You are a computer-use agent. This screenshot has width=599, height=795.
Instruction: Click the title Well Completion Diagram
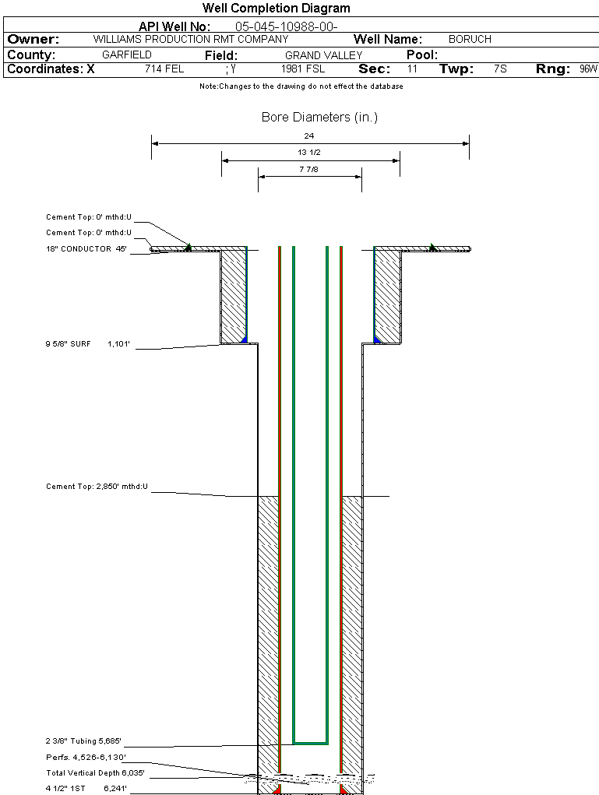point(277,9)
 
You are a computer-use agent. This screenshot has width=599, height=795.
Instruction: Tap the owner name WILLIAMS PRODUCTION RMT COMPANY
point(190,39)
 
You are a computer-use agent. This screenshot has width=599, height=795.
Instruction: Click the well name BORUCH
point(470,39)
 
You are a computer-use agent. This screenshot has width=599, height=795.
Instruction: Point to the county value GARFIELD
point(127,55)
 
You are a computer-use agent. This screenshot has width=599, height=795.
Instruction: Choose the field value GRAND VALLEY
point(323,55)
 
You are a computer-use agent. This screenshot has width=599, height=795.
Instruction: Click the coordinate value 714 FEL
point(164,69)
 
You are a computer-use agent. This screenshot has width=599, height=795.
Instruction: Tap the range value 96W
point(588,69)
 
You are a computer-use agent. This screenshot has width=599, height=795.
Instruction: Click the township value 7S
point(500,69)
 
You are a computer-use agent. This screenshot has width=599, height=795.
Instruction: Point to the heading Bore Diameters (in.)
point(319,118)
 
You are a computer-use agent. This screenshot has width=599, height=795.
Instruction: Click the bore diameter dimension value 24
point(309,135)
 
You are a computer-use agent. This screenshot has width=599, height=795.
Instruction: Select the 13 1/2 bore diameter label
point(309,153)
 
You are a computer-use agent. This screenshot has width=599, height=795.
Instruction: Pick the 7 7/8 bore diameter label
point(309,169)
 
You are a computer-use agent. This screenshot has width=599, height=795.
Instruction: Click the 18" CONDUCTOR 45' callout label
point(86,249)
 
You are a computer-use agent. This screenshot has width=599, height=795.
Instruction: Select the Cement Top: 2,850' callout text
point(97,487)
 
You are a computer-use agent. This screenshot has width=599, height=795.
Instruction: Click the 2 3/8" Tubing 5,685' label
point(83,740)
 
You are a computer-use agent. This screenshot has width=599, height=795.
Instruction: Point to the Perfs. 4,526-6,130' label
point(85,757)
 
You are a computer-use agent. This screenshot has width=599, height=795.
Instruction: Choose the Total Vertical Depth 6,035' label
point(95,773)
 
